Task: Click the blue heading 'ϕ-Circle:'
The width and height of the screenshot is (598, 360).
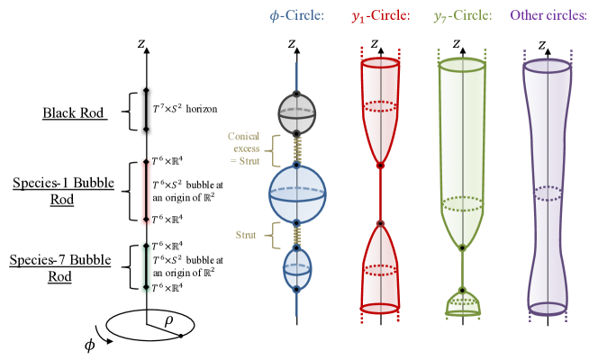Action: coord(296,16)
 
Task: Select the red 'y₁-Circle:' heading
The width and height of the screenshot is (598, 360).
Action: coord(380,16)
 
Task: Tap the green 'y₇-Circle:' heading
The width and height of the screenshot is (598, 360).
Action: coord(462,16)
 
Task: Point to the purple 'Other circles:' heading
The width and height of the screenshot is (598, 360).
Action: coord(548,16)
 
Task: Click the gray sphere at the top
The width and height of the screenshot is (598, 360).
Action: coord(296,113)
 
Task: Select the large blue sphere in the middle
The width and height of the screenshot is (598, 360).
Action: coord(297,193)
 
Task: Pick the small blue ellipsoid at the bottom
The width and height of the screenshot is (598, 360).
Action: coord(297,268)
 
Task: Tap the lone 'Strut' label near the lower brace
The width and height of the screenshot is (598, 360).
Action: coord(246,235)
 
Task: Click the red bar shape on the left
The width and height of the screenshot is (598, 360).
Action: coord(146,192)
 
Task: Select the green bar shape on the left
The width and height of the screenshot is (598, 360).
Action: coord(146,267)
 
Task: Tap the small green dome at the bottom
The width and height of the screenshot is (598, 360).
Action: coord(462,304)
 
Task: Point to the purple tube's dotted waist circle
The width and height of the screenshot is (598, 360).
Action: coord(547,193)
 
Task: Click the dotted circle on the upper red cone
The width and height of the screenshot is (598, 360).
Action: coord(380,106)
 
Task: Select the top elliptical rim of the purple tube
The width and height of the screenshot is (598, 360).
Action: coord(547,66)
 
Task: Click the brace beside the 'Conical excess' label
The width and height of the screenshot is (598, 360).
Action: coord(276,150)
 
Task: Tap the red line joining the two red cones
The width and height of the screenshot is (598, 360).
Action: coord(380,194)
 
